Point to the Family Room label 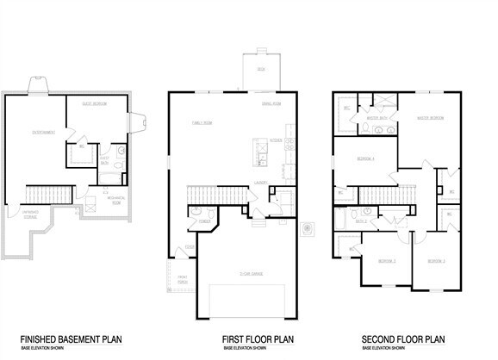pos(203,124)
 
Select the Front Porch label pos(183,278)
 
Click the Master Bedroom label pos(431,118)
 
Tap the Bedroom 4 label pos(365,158)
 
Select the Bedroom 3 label pos(436,260)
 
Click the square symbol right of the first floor pos(307,228)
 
